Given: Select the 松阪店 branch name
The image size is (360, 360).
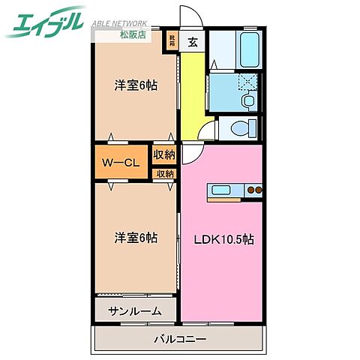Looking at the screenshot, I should [x=134, y=34].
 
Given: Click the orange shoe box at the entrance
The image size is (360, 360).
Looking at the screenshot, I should [x=172, y=41].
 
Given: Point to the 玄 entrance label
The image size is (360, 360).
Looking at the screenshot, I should [x=192, y=41].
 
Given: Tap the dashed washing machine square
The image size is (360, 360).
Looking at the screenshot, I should [x=247, y=82].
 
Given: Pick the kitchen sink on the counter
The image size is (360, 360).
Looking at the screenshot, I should [x=223, y=190].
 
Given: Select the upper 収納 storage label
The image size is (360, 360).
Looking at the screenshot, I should [x=164, y=155].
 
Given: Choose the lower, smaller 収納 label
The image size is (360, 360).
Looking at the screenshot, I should [x=164, y=174].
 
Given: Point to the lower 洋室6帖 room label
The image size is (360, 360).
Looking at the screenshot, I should [x=136, y=238].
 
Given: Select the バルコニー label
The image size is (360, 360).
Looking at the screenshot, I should [x=180, y=338].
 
